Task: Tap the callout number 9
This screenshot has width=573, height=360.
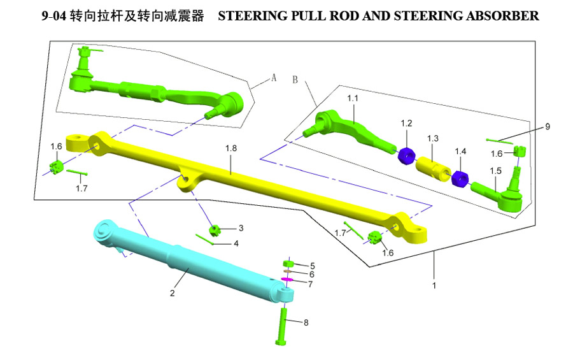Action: click(x=547, y=127)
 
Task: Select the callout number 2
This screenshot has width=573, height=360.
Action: click(x=173, y=294)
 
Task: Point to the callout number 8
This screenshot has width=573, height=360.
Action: click(x=306, y=322)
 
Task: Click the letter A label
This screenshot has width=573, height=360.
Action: click(x=274, y=78)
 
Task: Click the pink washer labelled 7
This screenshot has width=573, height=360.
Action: click(x=286, y=279)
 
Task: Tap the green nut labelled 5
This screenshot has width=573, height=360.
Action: click(x=288, y=264)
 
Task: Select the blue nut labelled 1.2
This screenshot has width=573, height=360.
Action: click(x=405, y=154)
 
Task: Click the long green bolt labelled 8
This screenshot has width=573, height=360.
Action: click(x=283, y=325)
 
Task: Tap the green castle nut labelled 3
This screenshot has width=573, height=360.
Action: click(x=215, y=229)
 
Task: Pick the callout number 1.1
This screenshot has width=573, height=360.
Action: click(x=353, y=99)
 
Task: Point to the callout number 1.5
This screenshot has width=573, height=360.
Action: click(x=496, y=171)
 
